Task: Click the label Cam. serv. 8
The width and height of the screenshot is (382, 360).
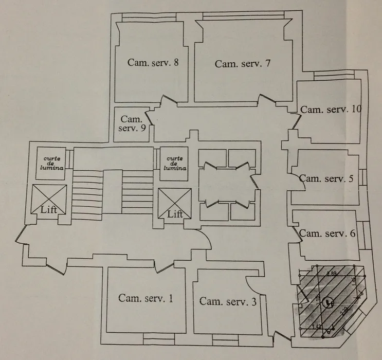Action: (x=153, y=63)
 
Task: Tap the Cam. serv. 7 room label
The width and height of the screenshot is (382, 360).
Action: (x=242, y=64)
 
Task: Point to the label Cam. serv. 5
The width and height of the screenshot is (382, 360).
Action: (x=326, y=179)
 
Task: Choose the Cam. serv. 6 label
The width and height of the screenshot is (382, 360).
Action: (x=328, y=233)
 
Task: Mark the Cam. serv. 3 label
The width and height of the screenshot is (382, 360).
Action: (x=228, y=301)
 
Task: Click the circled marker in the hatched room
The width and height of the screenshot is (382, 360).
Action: (x=326, y=304)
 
